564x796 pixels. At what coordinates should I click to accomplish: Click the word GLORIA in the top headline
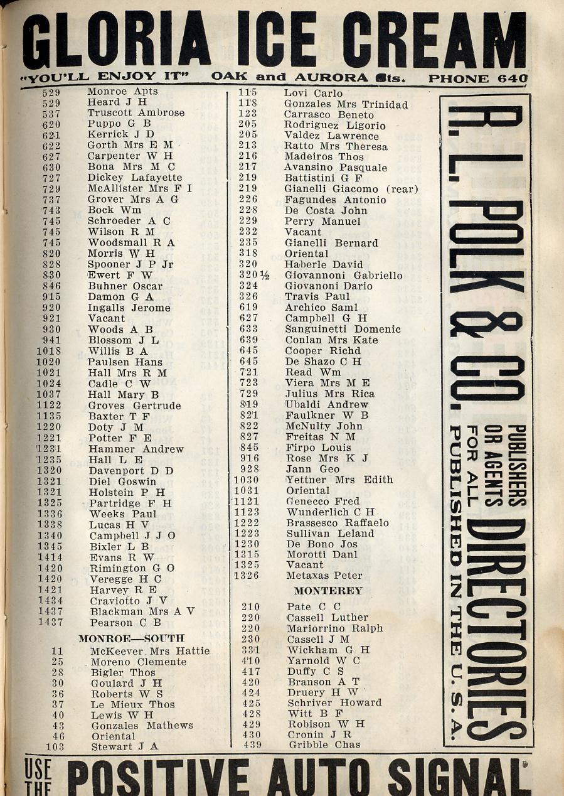click(116, 41)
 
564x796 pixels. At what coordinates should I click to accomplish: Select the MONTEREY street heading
click(328, 591)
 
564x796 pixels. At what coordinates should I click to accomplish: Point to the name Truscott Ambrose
click(136, 114)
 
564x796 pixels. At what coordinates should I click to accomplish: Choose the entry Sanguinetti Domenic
click(343, 329)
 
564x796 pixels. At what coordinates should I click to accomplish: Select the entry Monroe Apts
click(122, 92)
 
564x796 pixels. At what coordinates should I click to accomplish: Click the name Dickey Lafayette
click(135, 178)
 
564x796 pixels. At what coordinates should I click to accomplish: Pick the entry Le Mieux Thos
click(133, 704)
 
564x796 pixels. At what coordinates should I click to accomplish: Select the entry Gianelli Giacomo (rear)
click(351, 189)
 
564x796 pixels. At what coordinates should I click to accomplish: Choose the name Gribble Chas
click(324, 745)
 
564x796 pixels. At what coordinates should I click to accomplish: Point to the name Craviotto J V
click(129, 601)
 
